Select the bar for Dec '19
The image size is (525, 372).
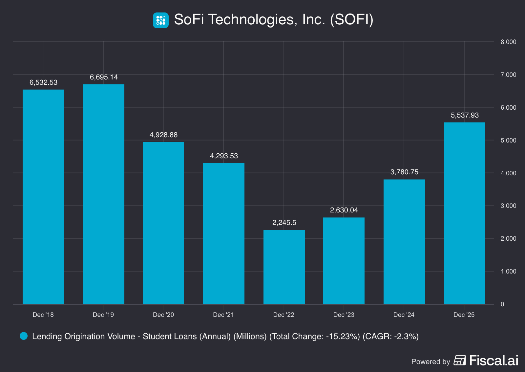click(104, 194)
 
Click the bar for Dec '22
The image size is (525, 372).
click(284, 267)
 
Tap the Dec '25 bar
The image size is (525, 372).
click(464, 213)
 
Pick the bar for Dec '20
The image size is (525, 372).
click(163, 223)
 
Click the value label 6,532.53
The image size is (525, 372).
click(43, 82)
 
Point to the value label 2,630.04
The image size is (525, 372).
click(344, 210)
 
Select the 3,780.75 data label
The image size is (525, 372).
click(404, 172)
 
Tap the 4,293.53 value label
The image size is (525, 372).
click(224, 156)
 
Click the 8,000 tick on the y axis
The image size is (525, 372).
click(508, 42)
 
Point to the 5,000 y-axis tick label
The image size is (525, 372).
click(508, 141)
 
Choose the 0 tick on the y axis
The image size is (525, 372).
click(502, 304)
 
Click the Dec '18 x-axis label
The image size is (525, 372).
click(43, 315)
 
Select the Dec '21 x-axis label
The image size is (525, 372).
click(223, 315)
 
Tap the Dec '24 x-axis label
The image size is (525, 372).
click(404, 315)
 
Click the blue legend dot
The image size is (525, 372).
click(24, 336)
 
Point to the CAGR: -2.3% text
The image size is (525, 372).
click(390, 337)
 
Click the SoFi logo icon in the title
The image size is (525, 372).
click(161, 20)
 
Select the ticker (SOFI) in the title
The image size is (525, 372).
click(351, 20)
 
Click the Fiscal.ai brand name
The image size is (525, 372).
click(493, 361)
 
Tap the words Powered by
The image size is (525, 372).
click(430, 362)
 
